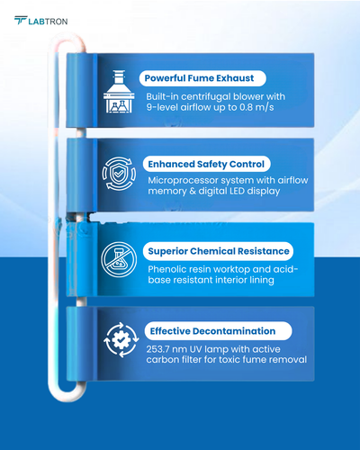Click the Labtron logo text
[x=48, y=22]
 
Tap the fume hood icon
[x=119, y=92]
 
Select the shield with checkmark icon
[x=119, y=174]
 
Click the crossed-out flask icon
[x=119, y=259]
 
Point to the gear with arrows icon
[x=121, y=340]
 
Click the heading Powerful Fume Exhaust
[x=199, y=78]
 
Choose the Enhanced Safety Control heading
[x=206, y=164]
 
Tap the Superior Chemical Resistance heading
[x=219, y=251]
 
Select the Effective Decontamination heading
[x=212, y=331]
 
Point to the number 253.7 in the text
[x=157, y=349]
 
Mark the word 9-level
[x=162, y=107]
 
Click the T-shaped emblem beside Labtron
[x=21, y=21]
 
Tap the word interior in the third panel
[x=230, y=280]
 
